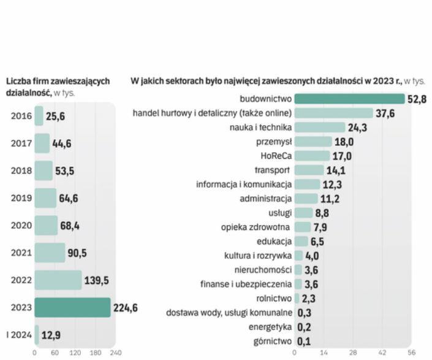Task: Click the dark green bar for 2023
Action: [72, 307]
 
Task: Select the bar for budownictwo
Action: [349, 99]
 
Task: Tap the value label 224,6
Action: [125, 308]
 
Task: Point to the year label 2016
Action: [21, 116]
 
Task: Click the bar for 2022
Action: [58, 280]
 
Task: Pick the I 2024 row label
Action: [18, 335]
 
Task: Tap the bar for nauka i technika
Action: [319, 127]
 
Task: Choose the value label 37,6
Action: [385, 113]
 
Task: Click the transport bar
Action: [309, 170]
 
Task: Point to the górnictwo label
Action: [272, 341]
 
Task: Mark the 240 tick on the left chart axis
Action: [116, 353]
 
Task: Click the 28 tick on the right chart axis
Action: [353, 353]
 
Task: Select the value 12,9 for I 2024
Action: [51, 335]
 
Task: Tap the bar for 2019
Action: [45, 198]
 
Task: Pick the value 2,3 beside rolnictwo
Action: [308, 299]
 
